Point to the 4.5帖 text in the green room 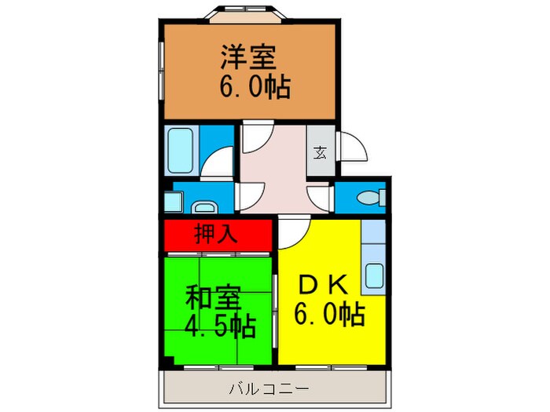[x=221, y=324]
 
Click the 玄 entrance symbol [x=321, y=152]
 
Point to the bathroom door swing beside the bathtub [x=219, y=161]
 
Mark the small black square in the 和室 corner [x=170, y=362]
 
